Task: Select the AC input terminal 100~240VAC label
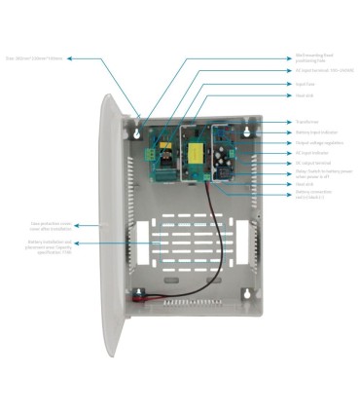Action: [x=317, y=70]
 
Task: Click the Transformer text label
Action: [x=306, y=122]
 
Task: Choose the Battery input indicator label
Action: [x=314, y=132]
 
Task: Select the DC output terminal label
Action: [x=312, y=163]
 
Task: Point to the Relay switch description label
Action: [x=317, y=173]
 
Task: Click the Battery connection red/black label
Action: [x=314, y=194]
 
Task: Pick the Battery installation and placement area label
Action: [x=50, y=246]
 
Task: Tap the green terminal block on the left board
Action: [x=152, y=153]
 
